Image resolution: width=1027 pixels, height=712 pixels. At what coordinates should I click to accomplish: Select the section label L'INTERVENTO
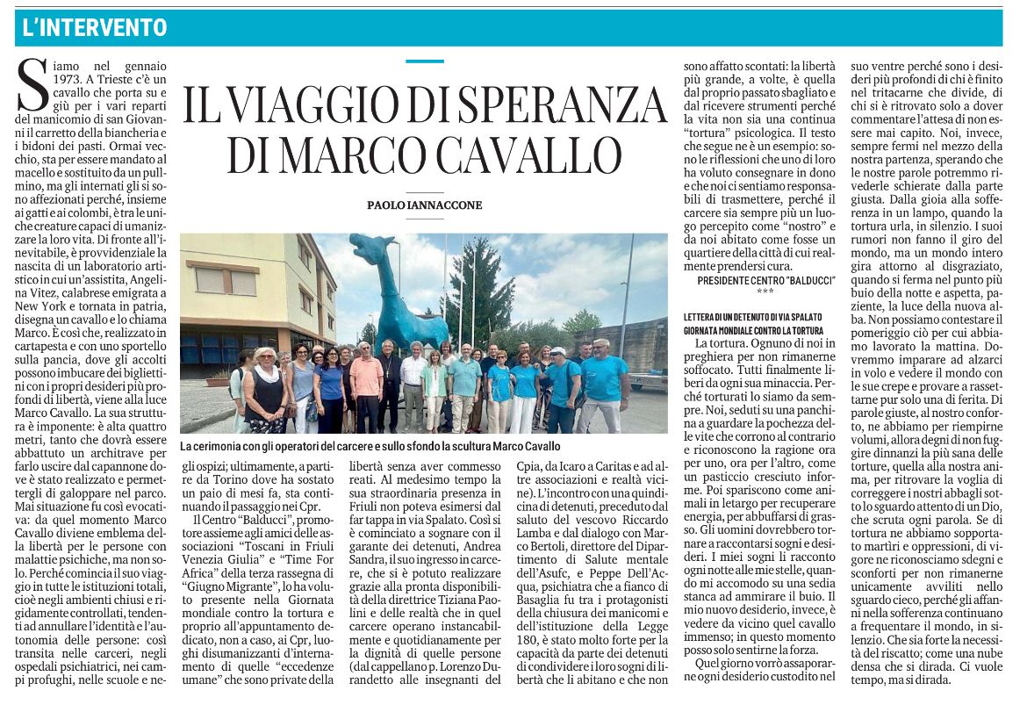pos(95,28)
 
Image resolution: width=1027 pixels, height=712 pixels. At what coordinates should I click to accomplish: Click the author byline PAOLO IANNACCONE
pos(425,205)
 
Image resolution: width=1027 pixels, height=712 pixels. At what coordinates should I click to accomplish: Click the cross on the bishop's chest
pos(390,373)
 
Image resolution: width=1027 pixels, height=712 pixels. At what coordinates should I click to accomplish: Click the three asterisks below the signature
pos(765,291)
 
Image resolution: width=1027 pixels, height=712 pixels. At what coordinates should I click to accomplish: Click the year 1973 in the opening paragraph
pos(68,79)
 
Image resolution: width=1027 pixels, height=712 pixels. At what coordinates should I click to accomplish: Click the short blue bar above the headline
pos(425,61)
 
